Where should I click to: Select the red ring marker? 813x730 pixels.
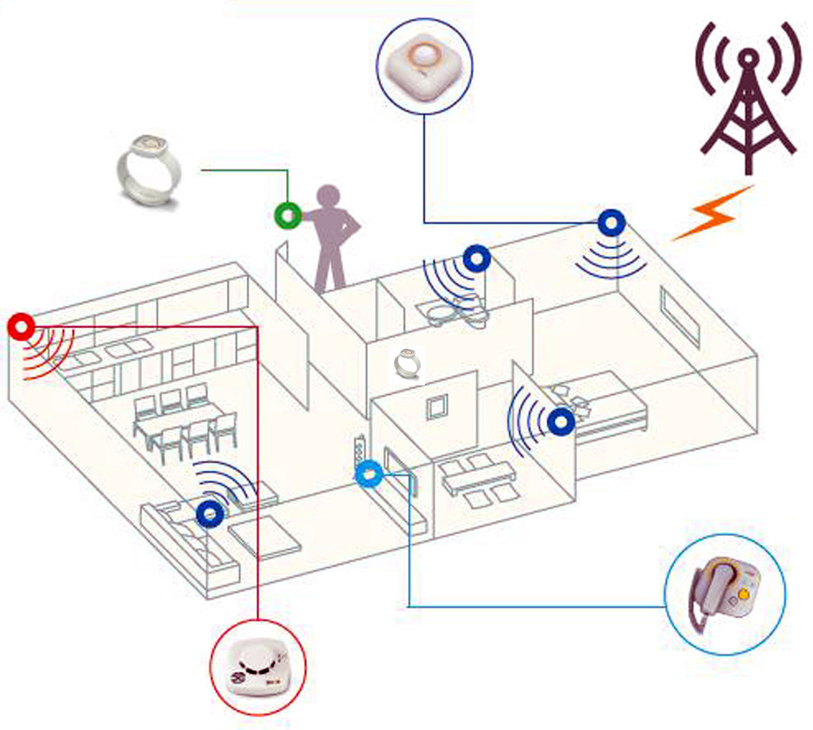21,326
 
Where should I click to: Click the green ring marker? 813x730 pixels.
287,214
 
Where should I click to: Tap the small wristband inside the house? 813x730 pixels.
406,363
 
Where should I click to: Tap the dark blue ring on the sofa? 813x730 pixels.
210,514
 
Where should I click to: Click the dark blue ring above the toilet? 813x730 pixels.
476,259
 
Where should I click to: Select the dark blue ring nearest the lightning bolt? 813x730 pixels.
610,222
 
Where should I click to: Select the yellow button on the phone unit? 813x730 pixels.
744,593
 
